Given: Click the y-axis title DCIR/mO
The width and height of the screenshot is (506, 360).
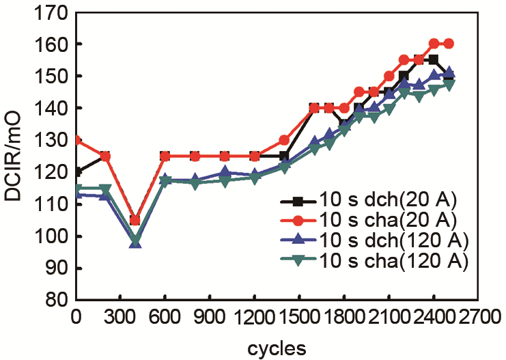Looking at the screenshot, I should coord(15,156).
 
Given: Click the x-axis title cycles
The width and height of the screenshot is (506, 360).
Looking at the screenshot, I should coord(277,347).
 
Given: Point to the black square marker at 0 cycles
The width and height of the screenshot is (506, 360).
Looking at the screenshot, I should coord(76,172).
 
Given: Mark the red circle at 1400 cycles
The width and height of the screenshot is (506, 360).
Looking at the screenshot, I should coord(284,140).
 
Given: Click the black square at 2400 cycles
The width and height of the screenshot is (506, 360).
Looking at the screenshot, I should coord(433,60).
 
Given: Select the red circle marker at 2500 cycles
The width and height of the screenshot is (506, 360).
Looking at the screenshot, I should coord(448,44).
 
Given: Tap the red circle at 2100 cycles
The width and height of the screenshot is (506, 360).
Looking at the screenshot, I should coord(389,76).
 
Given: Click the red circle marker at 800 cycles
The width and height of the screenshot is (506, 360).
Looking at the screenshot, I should coord(195,156).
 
